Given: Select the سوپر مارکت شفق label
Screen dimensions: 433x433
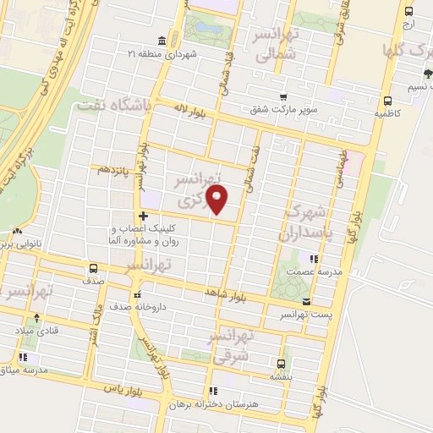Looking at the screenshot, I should [x=283, y=109].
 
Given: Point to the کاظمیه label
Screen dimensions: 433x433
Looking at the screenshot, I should [x=388, y=112].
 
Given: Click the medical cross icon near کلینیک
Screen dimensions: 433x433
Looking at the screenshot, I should [x=144, y=216].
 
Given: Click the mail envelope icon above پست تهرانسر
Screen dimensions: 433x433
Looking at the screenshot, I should [x=306, y=301].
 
